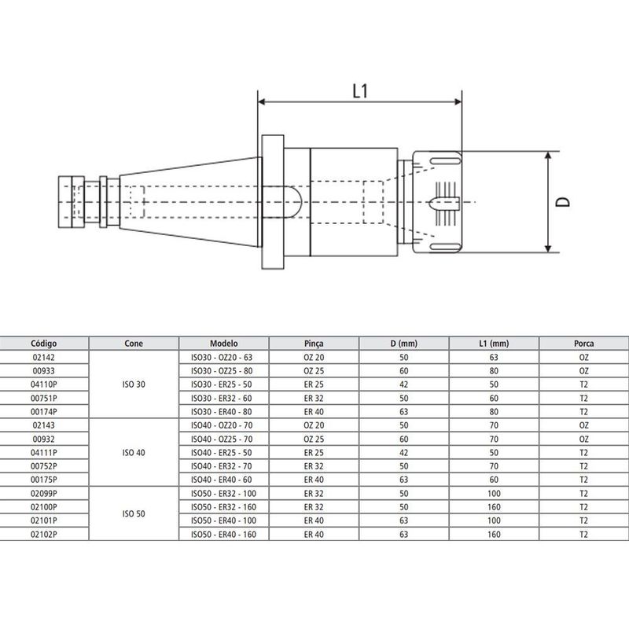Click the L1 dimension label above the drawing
tap(359, 91)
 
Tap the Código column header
tap(44, 344)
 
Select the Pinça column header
tap(314, 344)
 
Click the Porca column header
tap(583, 344)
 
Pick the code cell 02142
tap(44, 356)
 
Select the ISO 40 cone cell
tap(134, 454)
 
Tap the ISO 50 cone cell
tap(134, 513)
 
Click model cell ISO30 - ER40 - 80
tap(223, 410)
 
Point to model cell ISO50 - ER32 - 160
tap(223, 507)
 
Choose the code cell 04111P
tap(44, 452)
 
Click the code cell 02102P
tap(44, 534)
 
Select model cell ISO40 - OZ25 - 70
tap(223, 438)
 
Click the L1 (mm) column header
tap(494, 344)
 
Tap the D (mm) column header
tap(404, 344)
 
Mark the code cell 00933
tap(44, 370)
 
